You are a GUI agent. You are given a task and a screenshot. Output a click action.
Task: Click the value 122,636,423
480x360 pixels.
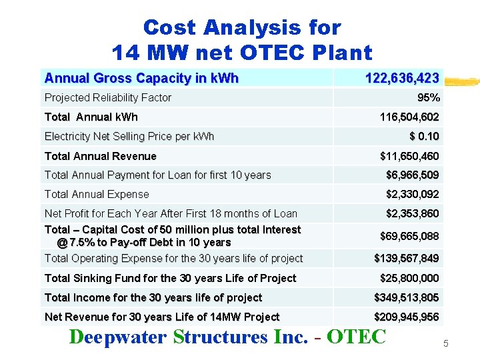[x=401, y=78]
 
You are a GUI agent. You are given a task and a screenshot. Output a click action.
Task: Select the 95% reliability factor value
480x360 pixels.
[x=428, y=97]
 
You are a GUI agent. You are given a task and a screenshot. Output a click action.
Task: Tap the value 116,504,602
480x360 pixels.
[x=409, y=117]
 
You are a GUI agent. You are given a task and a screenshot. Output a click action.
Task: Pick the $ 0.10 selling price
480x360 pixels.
[x=423, y=136]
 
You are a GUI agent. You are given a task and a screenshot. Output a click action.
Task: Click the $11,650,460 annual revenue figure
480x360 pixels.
[x=409, y=156]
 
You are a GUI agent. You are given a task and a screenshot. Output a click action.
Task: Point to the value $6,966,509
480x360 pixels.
[x=412, y=175]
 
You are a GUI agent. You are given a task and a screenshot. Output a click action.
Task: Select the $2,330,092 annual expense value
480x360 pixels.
[x=412, y=194]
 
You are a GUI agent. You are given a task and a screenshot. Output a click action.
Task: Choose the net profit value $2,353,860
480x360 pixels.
[x=412, y=213]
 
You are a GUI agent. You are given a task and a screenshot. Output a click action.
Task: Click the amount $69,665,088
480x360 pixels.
[x=409, y=236]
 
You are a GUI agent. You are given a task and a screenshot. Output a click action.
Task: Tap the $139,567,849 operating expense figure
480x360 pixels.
[x=406, y=258]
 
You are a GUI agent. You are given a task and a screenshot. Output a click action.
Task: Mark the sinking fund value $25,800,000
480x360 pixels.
[x=409, y=278]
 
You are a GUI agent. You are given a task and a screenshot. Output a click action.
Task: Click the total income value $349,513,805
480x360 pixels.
[x=406, y=297]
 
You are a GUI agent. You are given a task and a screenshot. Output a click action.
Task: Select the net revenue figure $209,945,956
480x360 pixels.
[x=406, y=317]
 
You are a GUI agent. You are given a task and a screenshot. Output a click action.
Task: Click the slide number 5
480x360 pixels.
[x=446, y=343]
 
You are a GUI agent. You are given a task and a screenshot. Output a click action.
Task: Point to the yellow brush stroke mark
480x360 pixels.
[x=461, y=83]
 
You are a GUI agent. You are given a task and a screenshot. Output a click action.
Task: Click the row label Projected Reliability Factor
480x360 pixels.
[x=107, y=97]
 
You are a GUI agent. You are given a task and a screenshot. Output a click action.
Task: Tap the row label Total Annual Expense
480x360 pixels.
[x=97, y=194]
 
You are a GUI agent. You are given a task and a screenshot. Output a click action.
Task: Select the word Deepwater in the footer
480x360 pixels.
[x=117, y=337]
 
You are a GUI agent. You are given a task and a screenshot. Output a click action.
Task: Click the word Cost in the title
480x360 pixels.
[x=170, y=27]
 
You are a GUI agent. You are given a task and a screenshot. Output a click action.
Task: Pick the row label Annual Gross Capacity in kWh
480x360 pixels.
[x=141, y=78]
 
